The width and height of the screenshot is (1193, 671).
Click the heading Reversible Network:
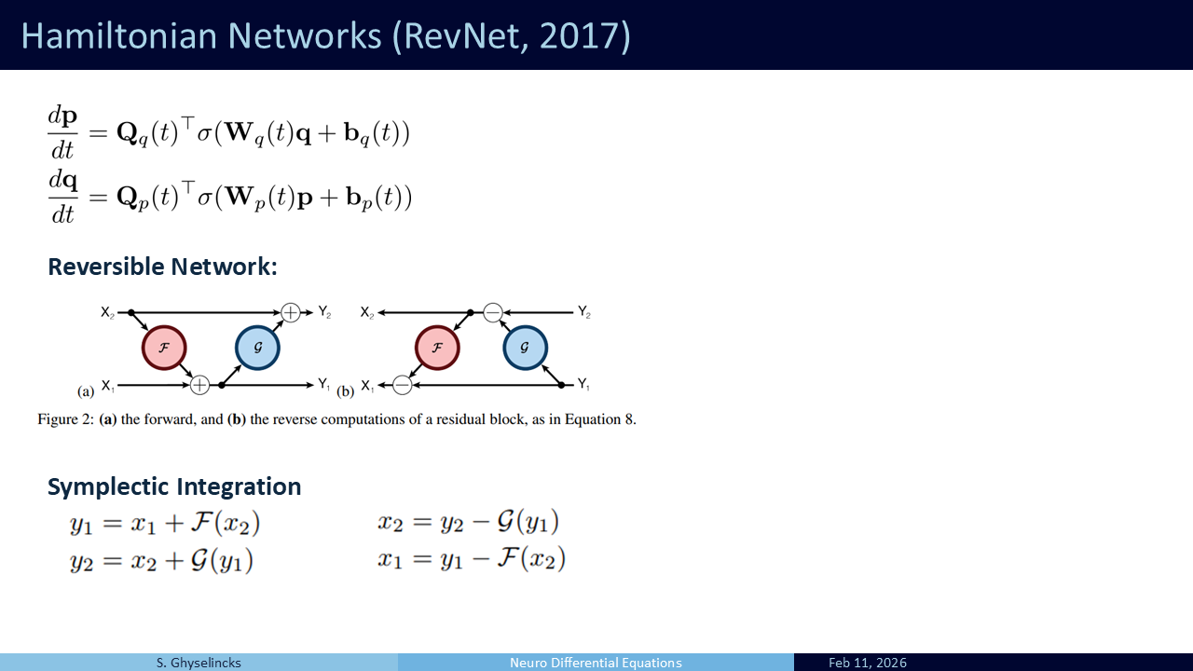[163, 267]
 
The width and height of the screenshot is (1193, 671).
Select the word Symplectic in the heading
[107, 486]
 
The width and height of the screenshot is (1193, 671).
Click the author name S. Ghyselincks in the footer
[199, 663]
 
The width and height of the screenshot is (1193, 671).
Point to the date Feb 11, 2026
[868, 663]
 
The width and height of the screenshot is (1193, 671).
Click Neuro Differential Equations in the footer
[596, 663]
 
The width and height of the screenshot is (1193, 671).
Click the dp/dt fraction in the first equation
[62, 133]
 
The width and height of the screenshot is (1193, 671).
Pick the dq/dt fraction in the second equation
[62, 198]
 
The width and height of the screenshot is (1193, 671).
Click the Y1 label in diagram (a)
[324, 384]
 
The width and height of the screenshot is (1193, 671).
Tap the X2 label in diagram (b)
[367, 312]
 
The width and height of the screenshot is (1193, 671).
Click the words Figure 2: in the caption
[66, 419]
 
